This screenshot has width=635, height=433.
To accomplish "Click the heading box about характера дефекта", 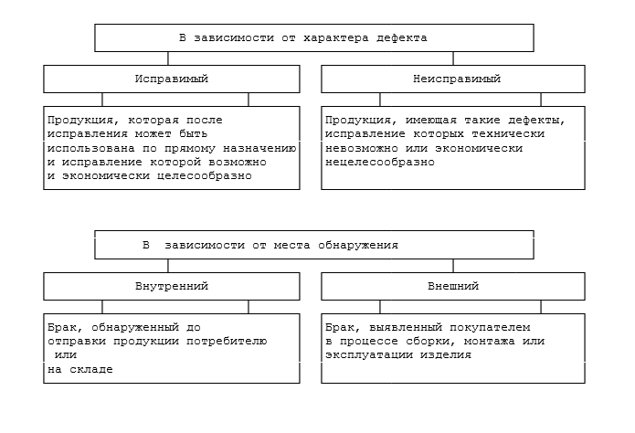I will pos(314,38).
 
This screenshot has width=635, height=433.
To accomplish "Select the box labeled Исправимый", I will pos(172,79).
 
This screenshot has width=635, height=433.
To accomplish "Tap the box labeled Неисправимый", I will pos(452,79).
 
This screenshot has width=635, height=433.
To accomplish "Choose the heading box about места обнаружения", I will pos(314,245).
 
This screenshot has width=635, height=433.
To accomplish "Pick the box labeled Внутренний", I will pos(172,287).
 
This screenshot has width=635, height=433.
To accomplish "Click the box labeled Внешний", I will pos(452,287).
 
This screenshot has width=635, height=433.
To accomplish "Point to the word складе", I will pos(94,369).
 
